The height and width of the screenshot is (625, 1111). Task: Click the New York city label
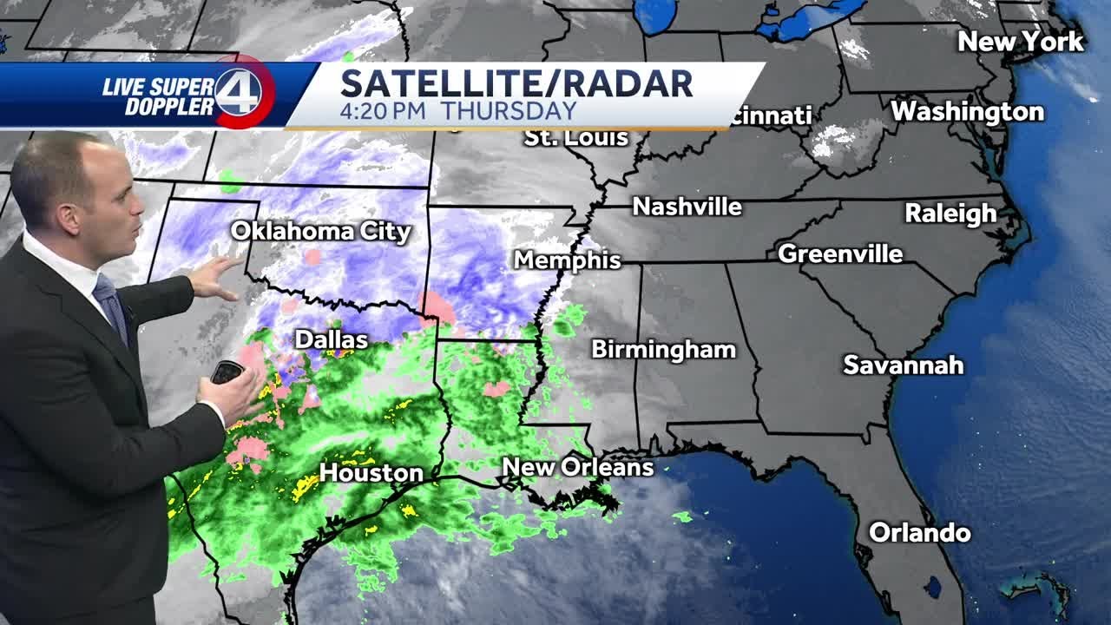coord(1021,41)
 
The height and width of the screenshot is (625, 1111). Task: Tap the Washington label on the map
coord(967,111)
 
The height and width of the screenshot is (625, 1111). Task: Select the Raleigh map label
coord(950,213)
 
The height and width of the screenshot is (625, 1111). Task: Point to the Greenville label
coord(840,253)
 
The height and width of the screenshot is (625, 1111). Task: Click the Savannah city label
coord(903,365)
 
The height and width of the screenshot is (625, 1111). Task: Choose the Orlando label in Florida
coord(919,532)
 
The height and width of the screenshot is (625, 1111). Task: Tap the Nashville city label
coord(687,207)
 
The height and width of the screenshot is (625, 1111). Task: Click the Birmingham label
coord(663,349)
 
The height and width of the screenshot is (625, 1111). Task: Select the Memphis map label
coord(567,260)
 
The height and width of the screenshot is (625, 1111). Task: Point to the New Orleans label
coord(577,467)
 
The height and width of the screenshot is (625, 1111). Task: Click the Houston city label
coord(371,473)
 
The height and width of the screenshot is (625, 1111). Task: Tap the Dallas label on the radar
coord(331,339)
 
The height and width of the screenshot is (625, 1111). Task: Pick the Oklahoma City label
coord(320,231)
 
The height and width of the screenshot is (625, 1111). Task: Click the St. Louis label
coord(575,137)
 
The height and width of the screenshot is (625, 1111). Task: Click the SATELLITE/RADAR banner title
coord(516,83)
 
